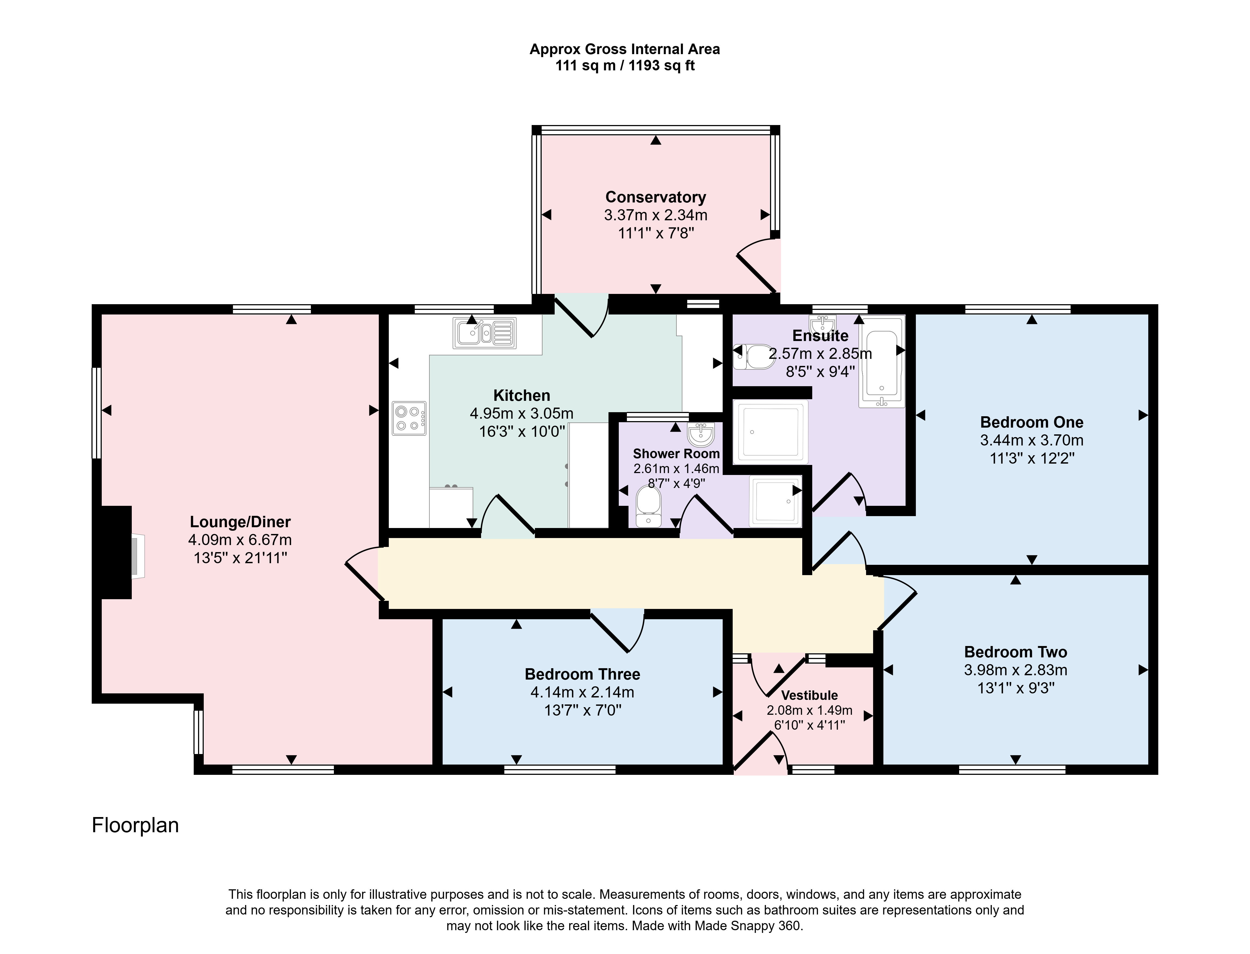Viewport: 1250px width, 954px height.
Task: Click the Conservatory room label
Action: pos(656,197)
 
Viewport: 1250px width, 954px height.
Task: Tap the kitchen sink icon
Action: pos(484,333)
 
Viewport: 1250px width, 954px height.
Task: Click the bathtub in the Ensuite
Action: pos(881,362)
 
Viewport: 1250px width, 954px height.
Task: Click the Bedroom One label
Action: pos(1031,422)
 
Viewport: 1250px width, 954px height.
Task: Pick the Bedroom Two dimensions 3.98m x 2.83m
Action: pos(1015,670)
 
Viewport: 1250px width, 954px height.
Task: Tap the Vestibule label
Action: pos(810,695)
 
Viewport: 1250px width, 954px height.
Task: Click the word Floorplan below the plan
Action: pos(135,825)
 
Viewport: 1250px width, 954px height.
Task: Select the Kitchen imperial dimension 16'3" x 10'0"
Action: pos(522,432)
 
